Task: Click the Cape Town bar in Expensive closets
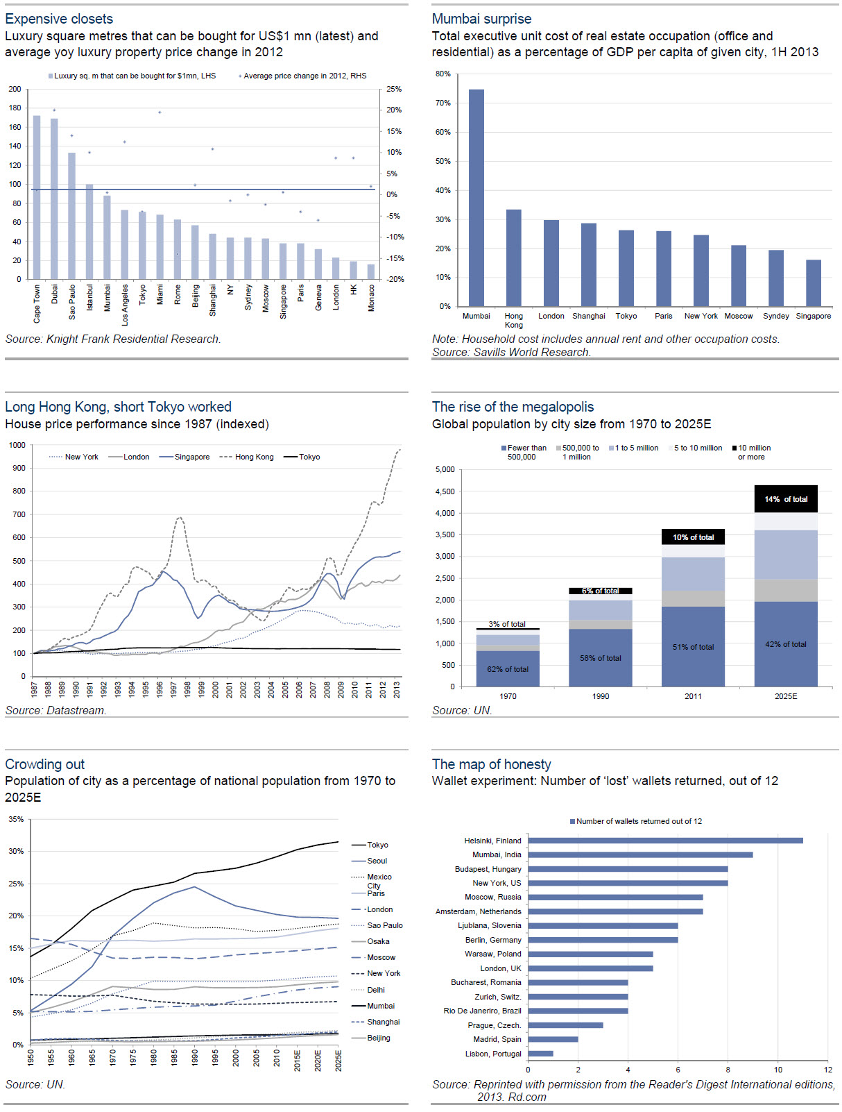pos(37,197)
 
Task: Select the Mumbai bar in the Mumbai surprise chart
pos(476,198)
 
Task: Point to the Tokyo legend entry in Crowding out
pos(377,845)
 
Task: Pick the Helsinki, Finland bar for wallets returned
pos(665,841)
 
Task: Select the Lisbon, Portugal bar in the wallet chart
pos(540,1054)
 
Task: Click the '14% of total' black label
pos(786,499)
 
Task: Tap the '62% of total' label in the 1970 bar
pos(508,669)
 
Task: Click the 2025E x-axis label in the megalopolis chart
pos(786,696)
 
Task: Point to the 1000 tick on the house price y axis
pos(17,445)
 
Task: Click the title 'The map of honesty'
pos(491,764)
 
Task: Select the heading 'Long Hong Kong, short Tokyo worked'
pos(118,407)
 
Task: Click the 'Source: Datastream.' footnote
pos(55,711)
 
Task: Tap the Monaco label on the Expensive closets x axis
pos(372,298)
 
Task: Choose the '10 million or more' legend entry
pos(753,453)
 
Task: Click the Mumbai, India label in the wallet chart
pos(497,854)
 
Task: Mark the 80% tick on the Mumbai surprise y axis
pos(443,74)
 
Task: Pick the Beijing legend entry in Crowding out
pos(379,1038)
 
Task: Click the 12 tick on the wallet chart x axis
pos(828,1070)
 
